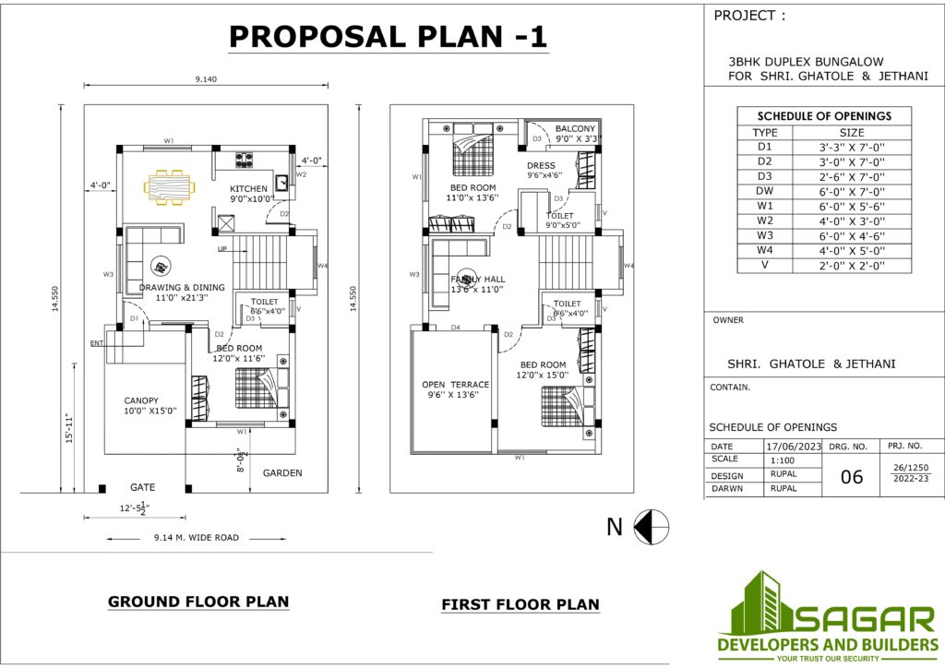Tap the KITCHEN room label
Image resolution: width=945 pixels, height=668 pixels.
click(x=248, y=189)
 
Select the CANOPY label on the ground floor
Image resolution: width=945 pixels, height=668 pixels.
click(x=142, y=400)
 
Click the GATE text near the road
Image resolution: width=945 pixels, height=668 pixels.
click(x=142, y=486)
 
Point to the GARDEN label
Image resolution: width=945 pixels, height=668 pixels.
click(x=282, y=472)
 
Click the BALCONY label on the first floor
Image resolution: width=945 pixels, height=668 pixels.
click(x=575, y=128)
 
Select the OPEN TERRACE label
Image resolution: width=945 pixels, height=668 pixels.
click(x=455, y=384)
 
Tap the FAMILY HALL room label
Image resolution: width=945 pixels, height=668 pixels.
click(x=478, y=279)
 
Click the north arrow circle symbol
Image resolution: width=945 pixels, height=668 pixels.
click(x=652, y=527)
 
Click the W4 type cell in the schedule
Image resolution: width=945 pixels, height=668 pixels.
click(x=765, y=250)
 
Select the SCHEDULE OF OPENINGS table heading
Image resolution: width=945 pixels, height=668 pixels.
click(x=824, y=116)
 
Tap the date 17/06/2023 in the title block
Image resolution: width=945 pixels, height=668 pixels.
click(x=793, y=446)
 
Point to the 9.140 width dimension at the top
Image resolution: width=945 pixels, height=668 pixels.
click(x=206, y=79)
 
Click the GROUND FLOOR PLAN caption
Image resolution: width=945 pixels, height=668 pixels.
click(x=198, y=602)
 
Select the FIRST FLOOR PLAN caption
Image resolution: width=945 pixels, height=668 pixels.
click(x=520, y=605)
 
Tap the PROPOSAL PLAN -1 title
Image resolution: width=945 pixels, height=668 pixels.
click(x=388, y=36)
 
